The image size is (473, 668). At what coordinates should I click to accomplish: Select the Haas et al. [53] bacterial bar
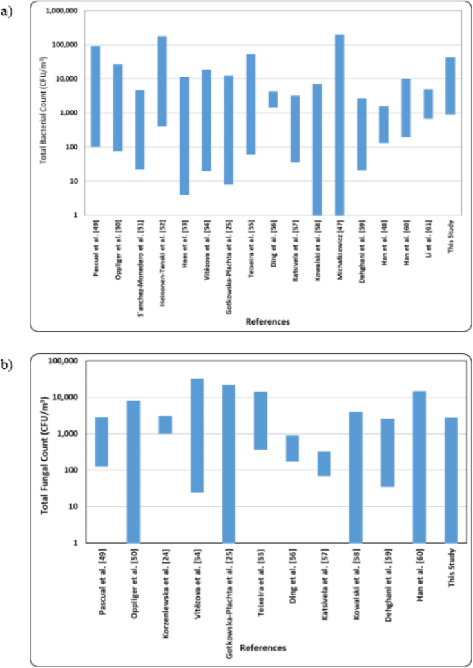pyautogui.click(x=184, y=135)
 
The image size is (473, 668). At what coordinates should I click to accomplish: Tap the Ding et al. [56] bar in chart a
pyautogui.click(x=273, y=99)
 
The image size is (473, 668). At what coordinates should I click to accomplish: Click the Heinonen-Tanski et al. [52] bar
pyautogui.click(x=162, y=81)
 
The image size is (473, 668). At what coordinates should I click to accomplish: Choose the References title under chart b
pyautogui.click(x=262, y=647)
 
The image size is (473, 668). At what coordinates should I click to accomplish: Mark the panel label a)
pyautogui.click(x=8, y=12)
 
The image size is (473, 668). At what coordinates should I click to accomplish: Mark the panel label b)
pyautogui.click(x=8, y=364)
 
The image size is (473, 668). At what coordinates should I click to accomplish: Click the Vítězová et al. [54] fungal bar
pyautogui.click(x=197, y=435)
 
